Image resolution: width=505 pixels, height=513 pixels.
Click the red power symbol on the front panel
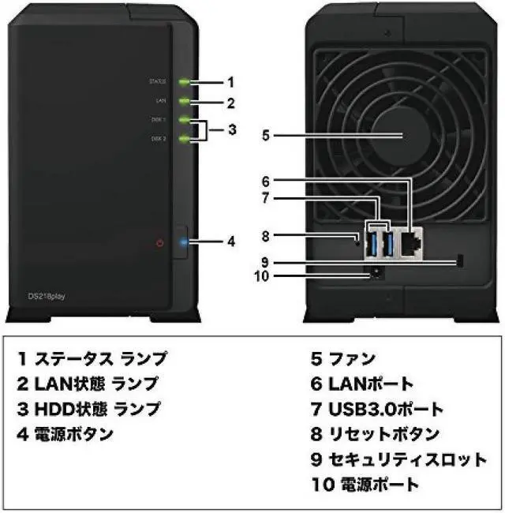pyautogui.click(x=160, y=242)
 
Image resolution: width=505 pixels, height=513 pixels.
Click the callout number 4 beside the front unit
pyautogui.click(x=231, y=242)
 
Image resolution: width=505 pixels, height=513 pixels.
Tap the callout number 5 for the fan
pyautogui.click(x=266, y=136)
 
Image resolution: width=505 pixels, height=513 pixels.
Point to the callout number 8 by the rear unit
pyautogui.click(x=266, y=235)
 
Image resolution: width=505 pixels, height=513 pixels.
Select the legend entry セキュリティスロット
pyautogui.click(x=398, y=459)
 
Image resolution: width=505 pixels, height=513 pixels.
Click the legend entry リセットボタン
pyautogui.click(x=374, y=434)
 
